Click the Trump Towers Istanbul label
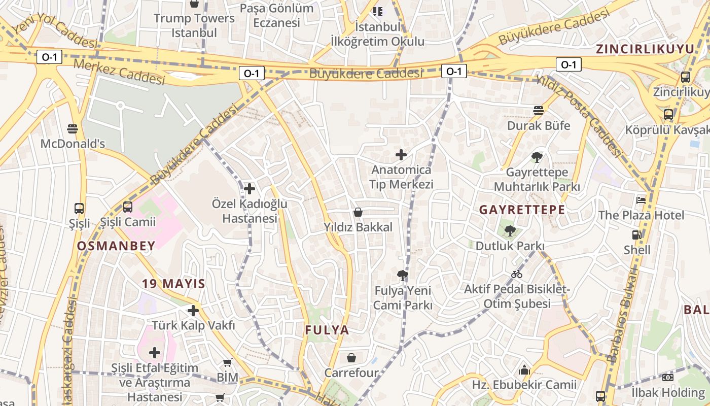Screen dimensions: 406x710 [x=194, y=25]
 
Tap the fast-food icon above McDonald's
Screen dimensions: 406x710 [x=73, y=128]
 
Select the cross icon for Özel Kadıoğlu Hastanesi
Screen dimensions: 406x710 [x=249, y=189]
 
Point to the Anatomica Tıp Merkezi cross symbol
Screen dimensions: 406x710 [x=401, y=154]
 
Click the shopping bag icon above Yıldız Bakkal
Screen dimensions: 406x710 [x=358, y=212]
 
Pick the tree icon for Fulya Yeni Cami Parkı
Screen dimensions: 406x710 [x=403, y=276]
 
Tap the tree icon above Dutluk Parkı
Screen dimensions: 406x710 [x=510, y=231]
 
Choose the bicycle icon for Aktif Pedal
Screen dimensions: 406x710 [x=517, y=274]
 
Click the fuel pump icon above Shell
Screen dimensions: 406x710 [x=636, y=234]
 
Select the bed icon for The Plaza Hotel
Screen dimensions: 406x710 [x=641, y=200]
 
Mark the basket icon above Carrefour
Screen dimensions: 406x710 [x=351, y=358]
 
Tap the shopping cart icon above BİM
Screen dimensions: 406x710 [x=227, y=362]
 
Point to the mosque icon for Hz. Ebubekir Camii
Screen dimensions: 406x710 [x=524, y=370]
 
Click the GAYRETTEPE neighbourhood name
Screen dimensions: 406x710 [x=522, y=210]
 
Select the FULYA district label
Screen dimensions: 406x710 [x=327, y=330]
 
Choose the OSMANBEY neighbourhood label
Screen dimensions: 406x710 [x=116, y=246]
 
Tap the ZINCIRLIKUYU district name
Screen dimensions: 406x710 [x=645, y=49]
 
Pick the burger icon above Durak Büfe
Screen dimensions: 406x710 [x=539, y=110]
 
